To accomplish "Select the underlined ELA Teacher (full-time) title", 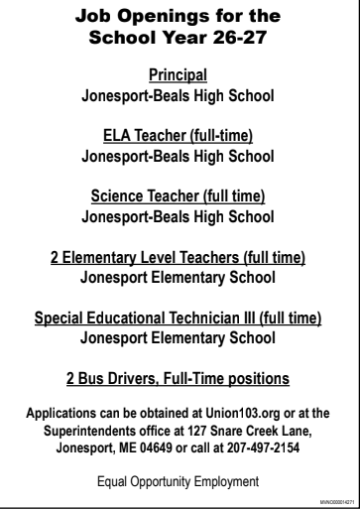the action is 180,135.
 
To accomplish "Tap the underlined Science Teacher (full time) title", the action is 180,195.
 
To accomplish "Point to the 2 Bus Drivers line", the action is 180,379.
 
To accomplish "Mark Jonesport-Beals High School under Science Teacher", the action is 180,213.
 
